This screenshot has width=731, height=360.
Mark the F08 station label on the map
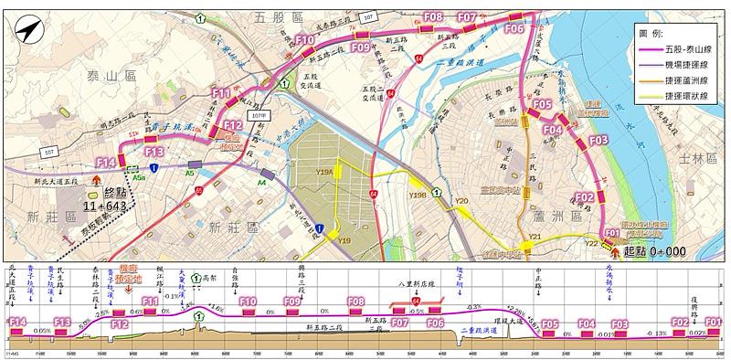click(x=433, y=16)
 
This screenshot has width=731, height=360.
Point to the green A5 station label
click(x=190, y=172)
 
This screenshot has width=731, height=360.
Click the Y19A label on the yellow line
click(x=323, y=172)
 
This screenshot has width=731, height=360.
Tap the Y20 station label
click(x=461, y=201)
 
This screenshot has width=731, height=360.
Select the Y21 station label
click(x=535, y=237)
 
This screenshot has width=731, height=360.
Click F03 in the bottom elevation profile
click(x=620, y=323)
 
